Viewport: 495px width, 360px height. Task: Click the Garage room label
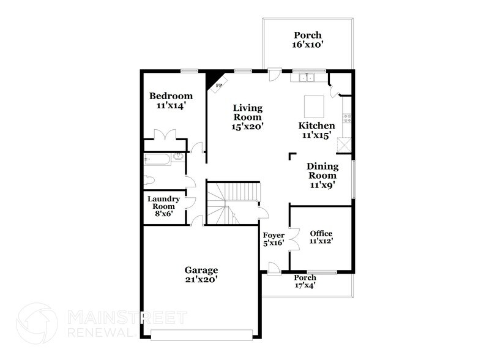pos(201,269)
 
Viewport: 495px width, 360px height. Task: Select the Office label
pos(321,233)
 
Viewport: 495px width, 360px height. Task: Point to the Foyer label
pos(273,235)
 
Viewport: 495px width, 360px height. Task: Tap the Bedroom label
pos(171,96)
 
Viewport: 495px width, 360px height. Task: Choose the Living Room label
pos(247,113)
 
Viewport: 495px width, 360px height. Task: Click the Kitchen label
pos(316,126)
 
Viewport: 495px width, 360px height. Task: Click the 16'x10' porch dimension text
pos(307,44)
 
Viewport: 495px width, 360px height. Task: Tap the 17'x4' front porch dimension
pos(305,285)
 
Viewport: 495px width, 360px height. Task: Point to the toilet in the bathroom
pos(149,180)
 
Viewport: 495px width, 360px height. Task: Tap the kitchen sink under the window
pos(304,78)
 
